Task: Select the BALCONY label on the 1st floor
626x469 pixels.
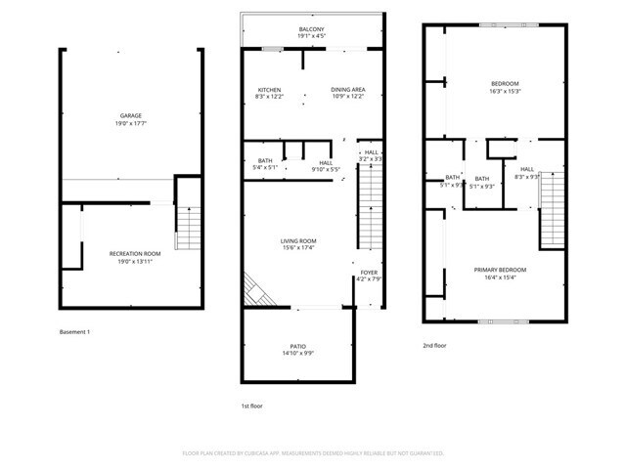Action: coord(312,30)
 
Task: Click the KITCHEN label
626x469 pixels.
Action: coord(268,90)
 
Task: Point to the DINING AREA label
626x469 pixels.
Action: coord(349,90)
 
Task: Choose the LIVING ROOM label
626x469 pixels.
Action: coord(298,241)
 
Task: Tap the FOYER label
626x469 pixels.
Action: coord(369,274)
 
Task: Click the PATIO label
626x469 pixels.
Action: coord(298,347)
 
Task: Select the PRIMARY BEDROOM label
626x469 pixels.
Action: coord(500,270)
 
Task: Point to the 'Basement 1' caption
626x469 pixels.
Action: coord(74,332)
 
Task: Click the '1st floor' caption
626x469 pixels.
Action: coord(252,405)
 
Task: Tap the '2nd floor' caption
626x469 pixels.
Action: coord(434,345)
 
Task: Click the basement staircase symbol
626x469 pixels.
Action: coord(188,228)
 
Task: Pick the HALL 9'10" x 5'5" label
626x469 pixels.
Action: coord(326,166)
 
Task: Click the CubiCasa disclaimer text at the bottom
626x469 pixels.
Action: coord(313,453)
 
